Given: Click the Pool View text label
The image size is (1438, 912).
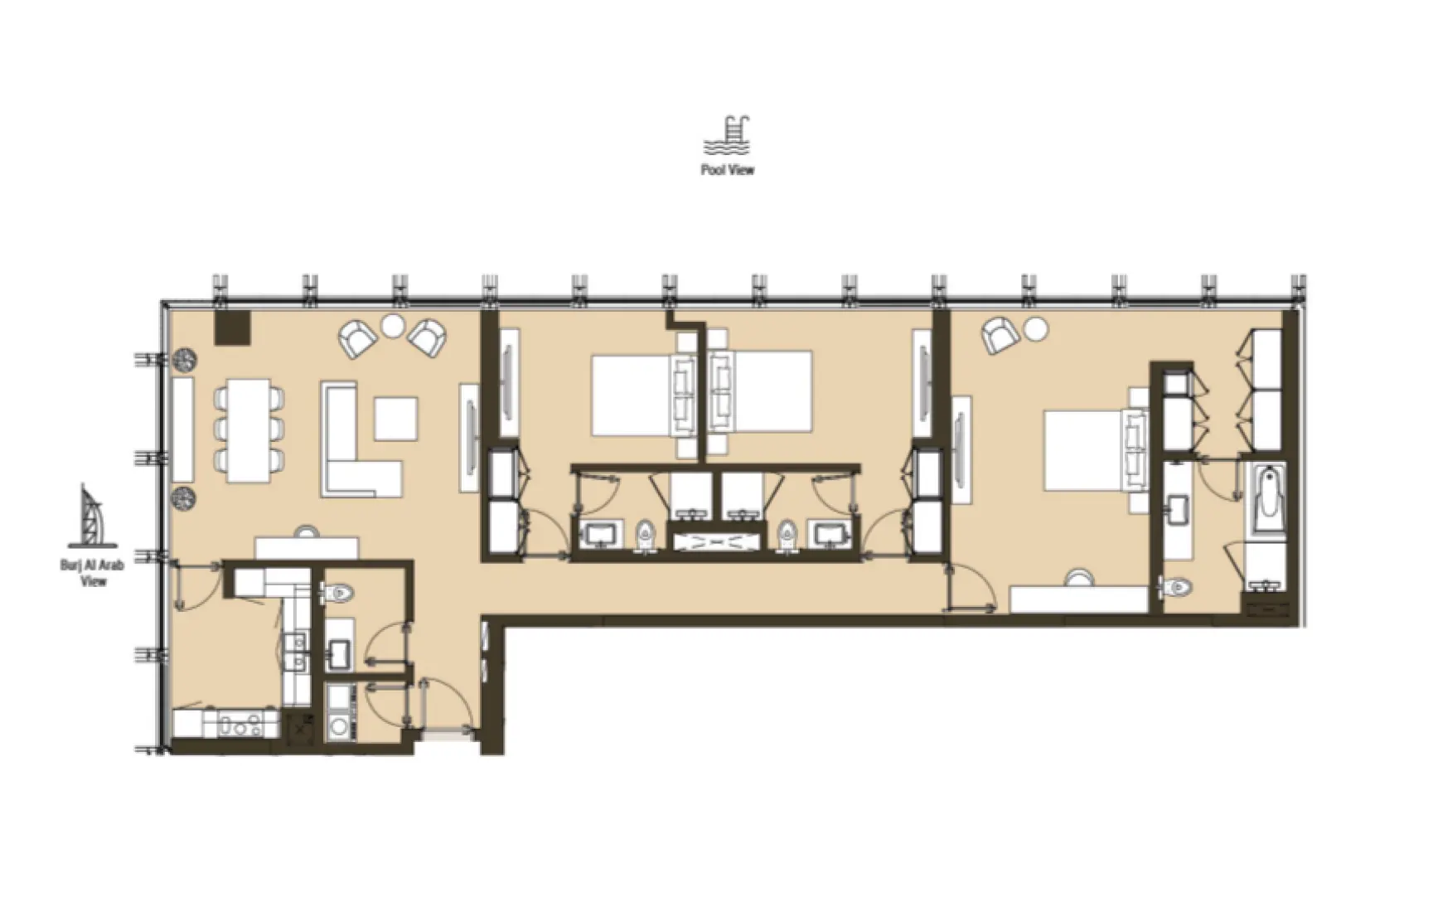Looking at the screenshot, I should click(x=727, y=170).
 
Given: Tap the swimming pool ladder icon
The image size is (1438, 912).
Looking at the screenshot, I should click(x=727, y=136).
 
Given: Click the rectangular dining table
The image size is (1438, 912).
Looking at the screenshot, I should click(x=249, y=429).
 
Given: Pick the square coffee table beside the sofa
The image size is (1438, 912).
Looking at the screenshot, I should click(x=395, y=419).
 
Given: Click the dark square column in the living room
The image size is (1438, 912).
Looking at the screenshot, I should click(x=233, y=327).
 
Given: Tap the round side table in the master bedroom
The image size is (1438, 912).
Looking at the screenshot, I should click(x=1035, y=328).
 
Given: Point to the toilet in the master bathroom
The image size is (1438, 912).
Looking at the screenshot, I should click(x=1178, y=587).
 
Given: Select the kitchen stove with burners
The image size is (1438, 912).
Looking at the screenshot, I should click(x=240, y=726).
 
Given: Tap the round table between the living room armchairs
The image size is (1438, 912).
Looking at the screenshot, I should click(x=391, y=325).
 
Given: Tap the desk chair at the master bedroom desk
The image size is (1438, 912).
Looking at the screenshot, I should click(x=1079, y=577).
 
